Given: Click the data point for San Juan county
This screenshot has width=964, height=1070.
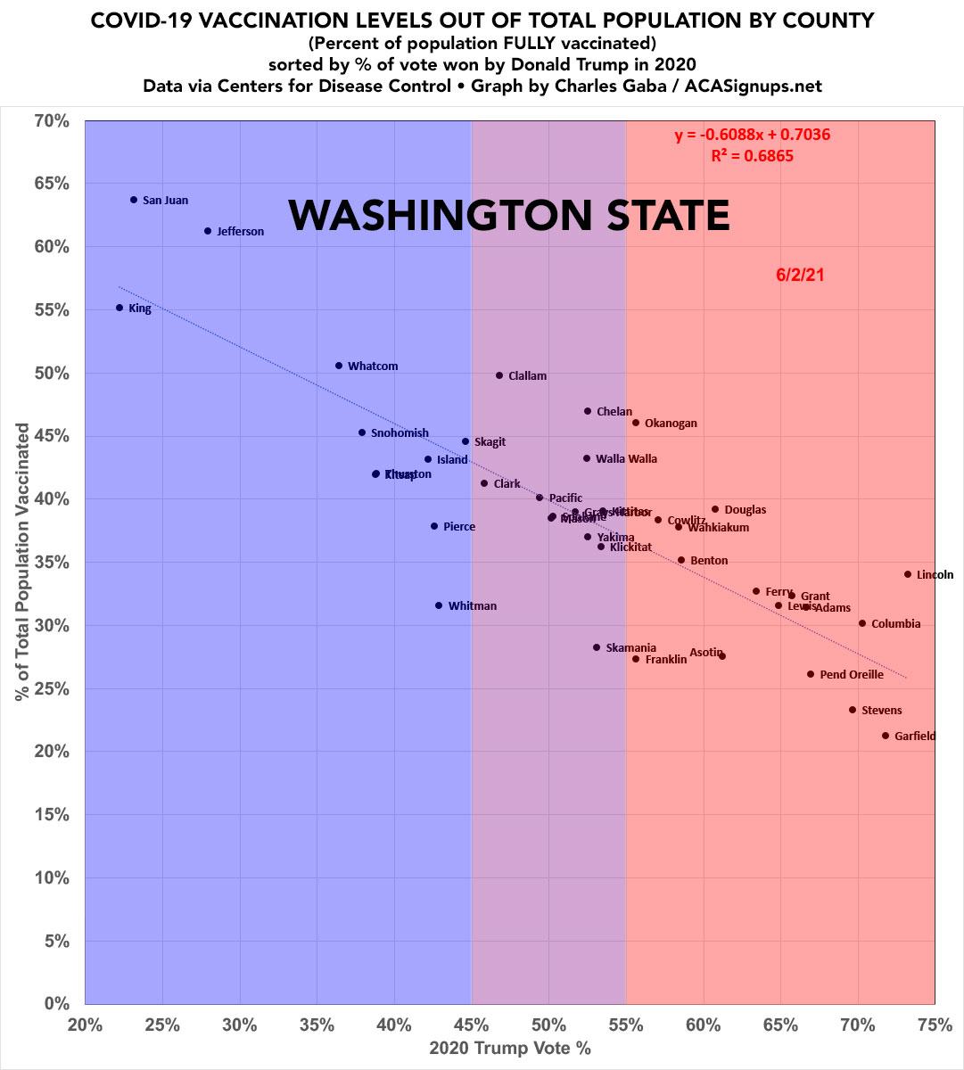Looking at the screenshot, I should (134, 200).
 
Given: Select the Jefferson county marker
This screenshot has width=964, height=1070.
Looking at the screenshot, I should (208, 231).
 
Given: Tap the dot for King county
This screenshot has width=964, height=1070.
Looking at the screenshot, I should (119, 308).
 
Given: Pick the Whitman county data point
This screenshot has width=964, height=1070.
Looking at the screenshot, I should (439, 605).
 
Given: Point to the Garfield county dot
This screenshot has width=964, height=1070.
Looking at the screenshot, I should (885, 736).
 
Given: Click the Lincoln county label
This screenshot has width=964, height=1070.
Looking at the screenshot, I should (935, 575).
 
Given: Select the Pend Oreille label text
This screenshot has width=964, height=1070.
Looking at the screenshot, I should (852, 675).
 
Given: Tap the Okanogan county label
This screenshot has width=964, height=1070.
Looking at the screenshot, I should (671, 424).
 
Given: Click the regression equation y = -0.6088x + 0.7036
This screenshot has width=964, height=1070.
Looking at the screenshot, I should (753, 136).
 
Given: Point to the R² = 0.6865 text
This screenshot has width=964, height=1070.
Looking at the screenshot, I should (752, 156).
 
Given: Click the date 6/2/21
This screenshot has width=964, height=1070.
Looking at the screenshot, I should (800, 276).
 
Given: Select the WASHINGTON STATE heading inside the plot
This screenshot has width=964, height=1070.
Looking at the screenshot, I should (509, 216).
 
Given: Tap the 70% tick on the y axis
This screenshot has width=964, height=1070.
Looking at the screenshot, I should (51, 119).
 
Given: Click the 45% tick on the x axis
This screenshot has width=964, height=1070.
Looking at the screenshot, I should (471, 1025).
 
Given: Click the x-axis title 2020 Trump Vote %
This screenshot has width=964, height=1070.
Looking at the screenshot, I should (510, 1049).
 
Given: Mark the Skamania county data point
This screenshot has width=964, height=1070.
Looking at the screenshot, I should (597, 647).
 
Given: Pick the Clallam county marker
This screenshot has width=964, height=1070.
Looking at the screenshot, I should (499, 375).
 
